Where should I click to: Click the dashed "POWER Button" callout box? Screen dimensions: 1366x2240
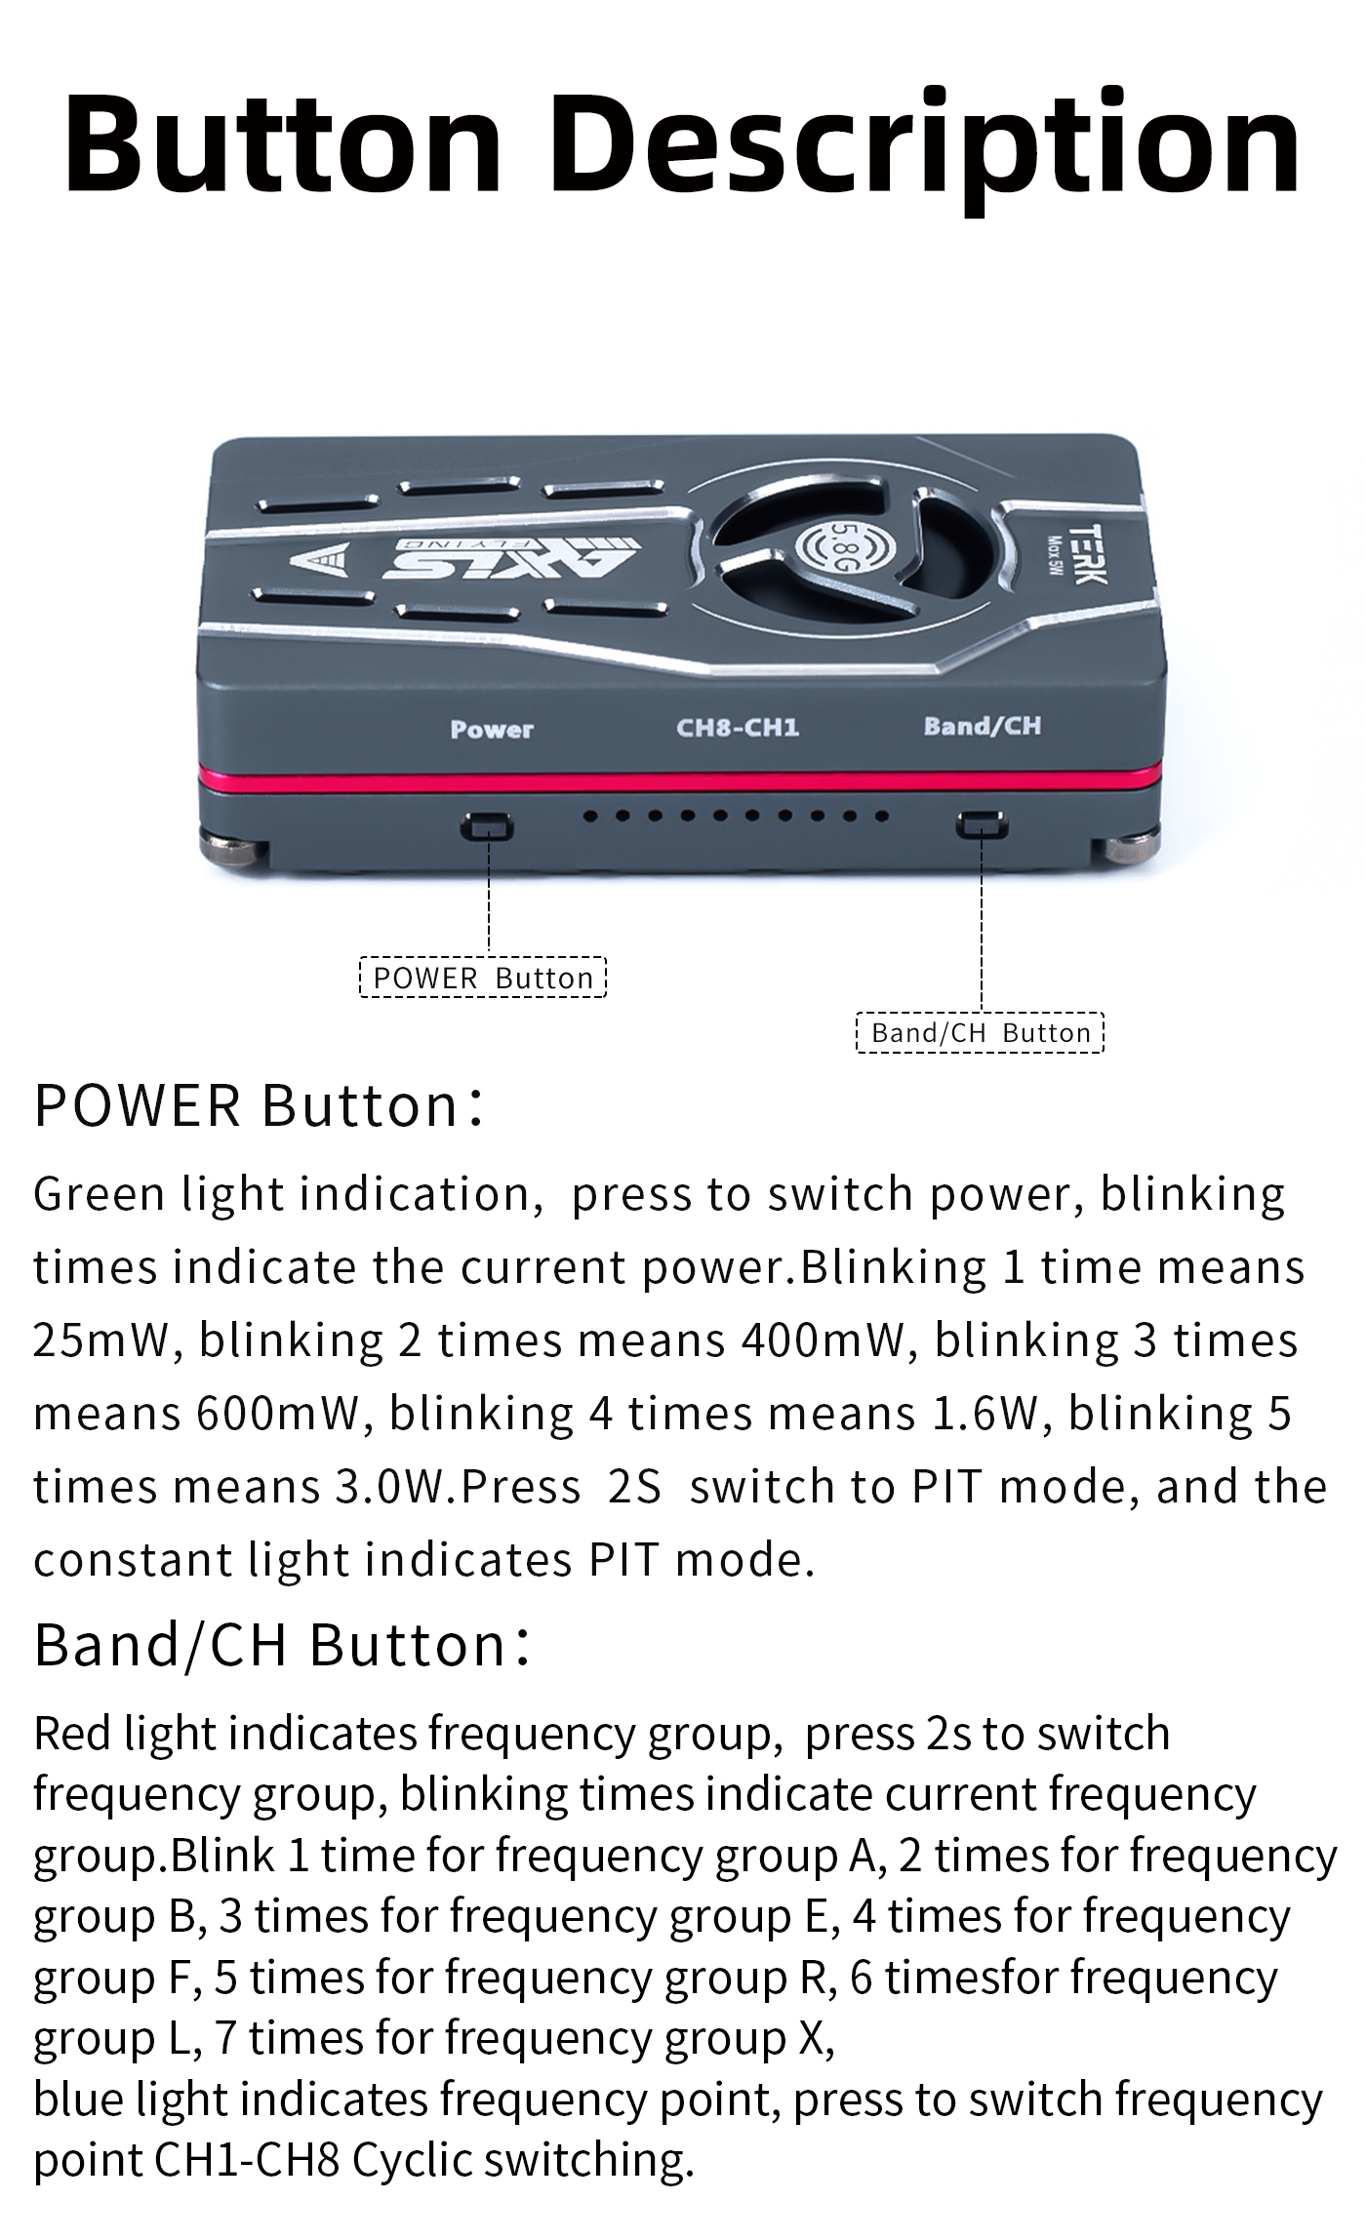483,978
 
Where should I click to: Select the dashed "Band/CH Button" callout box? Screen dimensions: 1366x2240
981,1032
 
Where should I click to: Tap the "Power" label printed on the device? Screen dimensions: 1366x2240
492,729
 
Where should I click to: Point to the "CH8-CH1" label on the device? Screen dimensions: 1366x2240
738,727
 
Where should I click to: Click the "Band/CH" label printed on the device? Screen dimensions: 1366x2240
983,725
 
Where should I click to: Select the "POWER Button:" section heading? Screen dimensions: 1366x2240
259,1106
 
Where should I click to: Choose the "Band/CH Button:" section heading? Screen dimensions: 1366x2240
283,1645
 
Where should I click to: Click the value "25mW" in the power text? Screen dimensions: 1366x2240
102,1340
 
